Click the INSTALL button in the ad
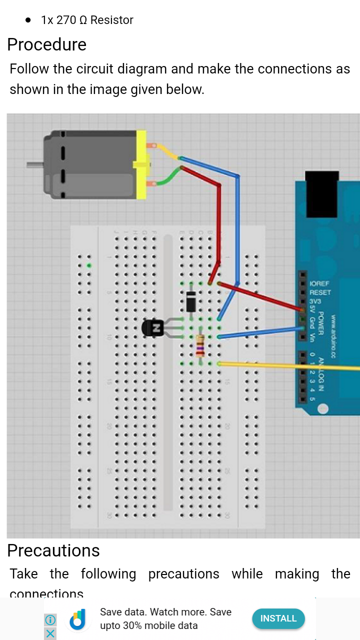pos(278,618)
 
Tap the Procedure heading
pos(46,45)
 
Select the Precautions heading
pos(53,550)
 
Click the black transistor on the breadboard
pos(153,328)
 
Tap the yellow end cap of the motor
pos(141,164)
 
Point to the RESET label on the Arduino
pos(320,292)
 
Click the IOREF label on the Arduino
pos(319,283)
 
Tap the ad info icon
pos(50,620)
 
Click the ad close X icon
pos(50,633)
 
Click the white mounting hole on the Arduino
pos(322,408)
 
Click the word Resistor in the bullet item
pos(112,20)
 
